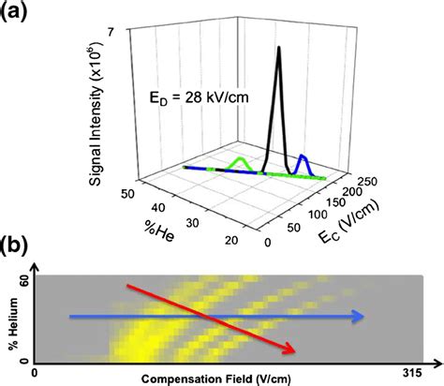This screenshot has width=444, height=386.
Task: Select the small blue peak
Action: [x=303, y=160]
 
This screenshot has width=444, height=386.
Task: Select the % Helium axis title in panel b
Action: [x=13, y=319]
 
